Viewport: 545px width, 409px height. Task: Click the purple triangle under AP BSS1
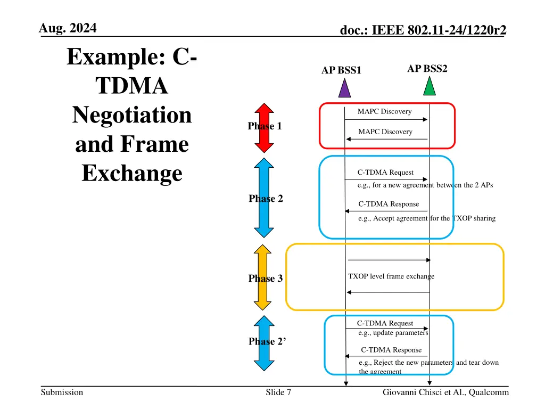(345, 89)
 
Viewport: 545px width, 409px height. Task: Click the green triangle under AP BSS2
(430, 87)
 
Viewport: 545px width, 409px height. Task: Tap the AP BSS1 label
(341, 70)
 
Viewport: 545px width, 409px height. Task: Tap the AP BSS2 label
(427, 69)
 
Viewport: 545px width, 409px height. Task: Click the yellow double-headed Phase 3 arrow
(263, 277)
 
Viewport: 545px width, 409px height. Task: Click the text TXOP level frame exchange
(391, 276)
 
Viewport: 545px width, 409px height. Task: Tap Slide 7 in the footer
(278, 392)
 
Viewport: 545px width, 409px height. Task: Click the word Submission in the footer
(62, 392)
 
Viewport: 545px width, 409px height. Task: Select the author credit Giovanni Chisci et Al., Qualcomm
(445, 392)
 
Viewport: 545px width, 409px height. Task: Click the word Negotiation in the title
(131, 115)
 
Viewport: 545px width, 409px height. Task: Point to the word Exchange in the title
(131, 173)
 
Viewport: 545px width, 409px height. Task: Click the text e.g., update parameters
(393, 333)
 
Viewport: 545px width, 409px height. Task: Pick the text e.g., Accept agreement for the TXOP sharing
(427, 218)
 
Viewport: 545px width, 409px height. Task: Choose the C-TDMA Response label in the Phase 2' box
(391, 350)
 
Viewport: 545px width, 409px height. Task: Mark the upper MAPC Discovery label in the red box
(384, 111)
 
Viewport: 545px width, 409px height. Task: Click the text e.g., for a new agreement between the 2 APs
(425, 185)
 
